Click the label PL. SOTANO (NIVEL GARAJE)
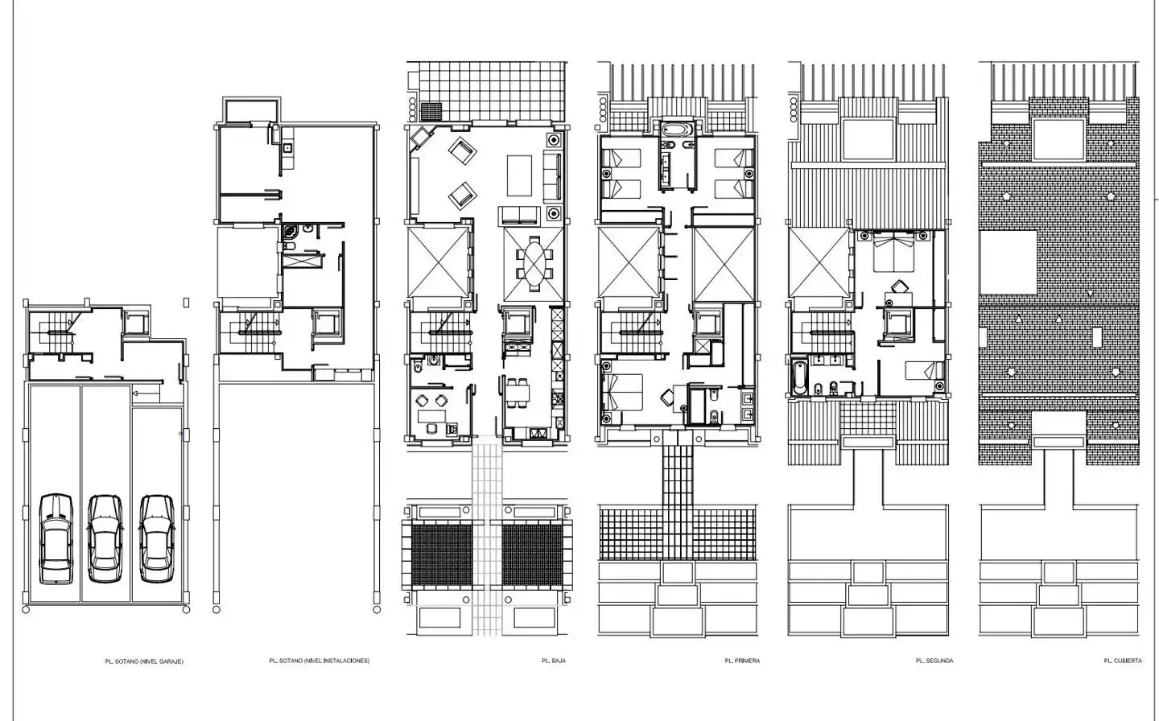144,661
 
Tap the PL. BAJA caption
554,661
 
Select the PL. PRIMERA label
742,661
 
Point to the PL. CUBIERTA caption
1123,661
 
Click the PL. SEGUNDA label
934,661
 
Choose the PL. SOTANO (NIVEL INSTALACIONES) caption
320,661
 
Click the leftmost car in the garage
56,538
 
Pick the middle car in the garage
105,538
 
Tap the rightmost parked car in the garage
157,538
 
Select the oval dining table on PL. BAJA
534,264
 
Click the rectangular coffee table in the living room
519,175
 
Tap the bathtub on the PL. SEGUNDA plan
799,378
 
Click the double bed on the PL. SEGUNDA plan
893,251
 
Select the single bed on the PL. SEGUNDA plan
924,370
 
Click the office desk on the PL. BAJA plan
431,416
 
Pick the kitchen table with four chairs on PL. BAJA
518,393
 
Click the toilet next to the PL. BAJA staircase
418,368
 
